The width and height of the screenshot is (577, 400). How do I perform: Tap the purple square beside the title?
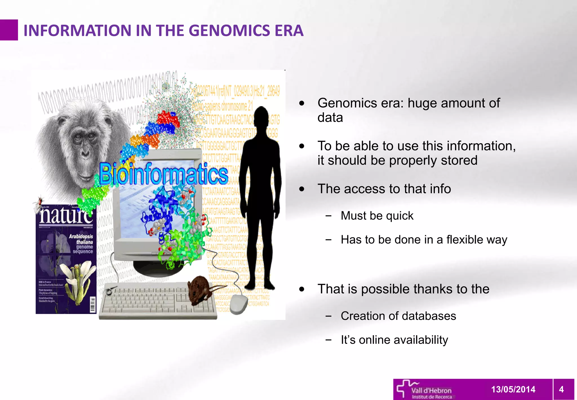coord(9,30)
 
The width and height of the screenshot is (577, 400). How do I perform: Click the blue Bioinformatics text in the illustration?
coord(163,174)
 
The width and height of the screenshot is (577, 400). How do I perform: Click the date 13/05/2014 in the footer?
coord(513,390)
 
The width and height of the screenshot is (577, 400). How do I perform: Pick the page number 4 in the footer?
coord(561,390)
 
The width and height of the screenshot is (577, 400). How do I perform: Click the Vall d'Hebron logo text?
coord(431,391)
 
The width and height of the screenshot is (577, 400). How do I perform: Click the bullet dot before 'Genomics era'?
coord(302,103)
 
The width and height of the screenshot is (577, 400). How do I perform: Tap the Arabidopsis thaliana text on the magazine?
coord(81,239)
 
